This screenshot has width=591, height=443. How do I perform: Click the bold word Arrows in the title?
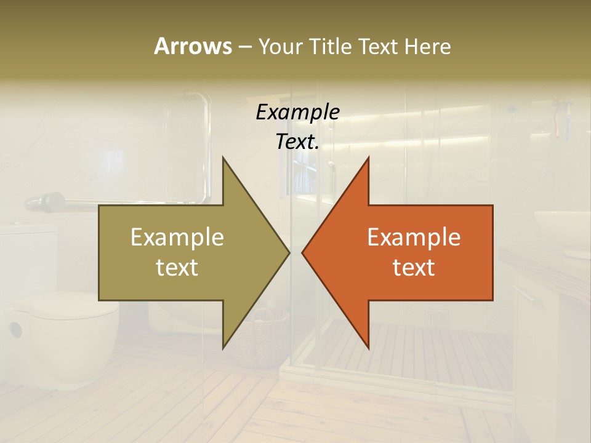[193, 46]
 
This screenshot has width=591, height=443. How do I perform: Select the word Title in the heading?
[330, 46]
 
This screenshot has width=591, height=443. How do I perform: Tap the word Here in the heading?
[428, 46]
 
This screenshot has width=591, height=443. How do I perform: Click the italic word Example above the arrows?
[297, 113]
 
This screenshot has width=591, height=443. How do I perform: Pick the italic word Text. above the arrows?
[297, 142]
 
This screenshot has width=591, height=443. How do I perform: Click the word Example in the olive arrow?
[177, 237]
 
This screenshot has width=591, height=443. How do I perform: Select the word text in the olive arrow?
[177, 267]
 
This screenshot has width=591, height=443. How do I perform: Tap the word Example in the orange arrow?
[414, 237]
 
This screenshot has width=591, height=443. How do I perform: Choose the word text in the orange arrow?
[414, 267]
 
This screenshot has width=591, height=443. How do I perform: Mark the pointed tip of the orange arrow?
[303, 252]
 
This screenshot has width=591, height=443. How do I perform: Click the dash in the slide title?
[244, 47]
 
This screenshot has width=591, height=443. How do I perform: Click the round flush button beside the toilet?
[15, 329]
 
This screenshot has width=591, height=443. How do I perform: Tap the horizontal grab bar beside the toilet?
[123, 202]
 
